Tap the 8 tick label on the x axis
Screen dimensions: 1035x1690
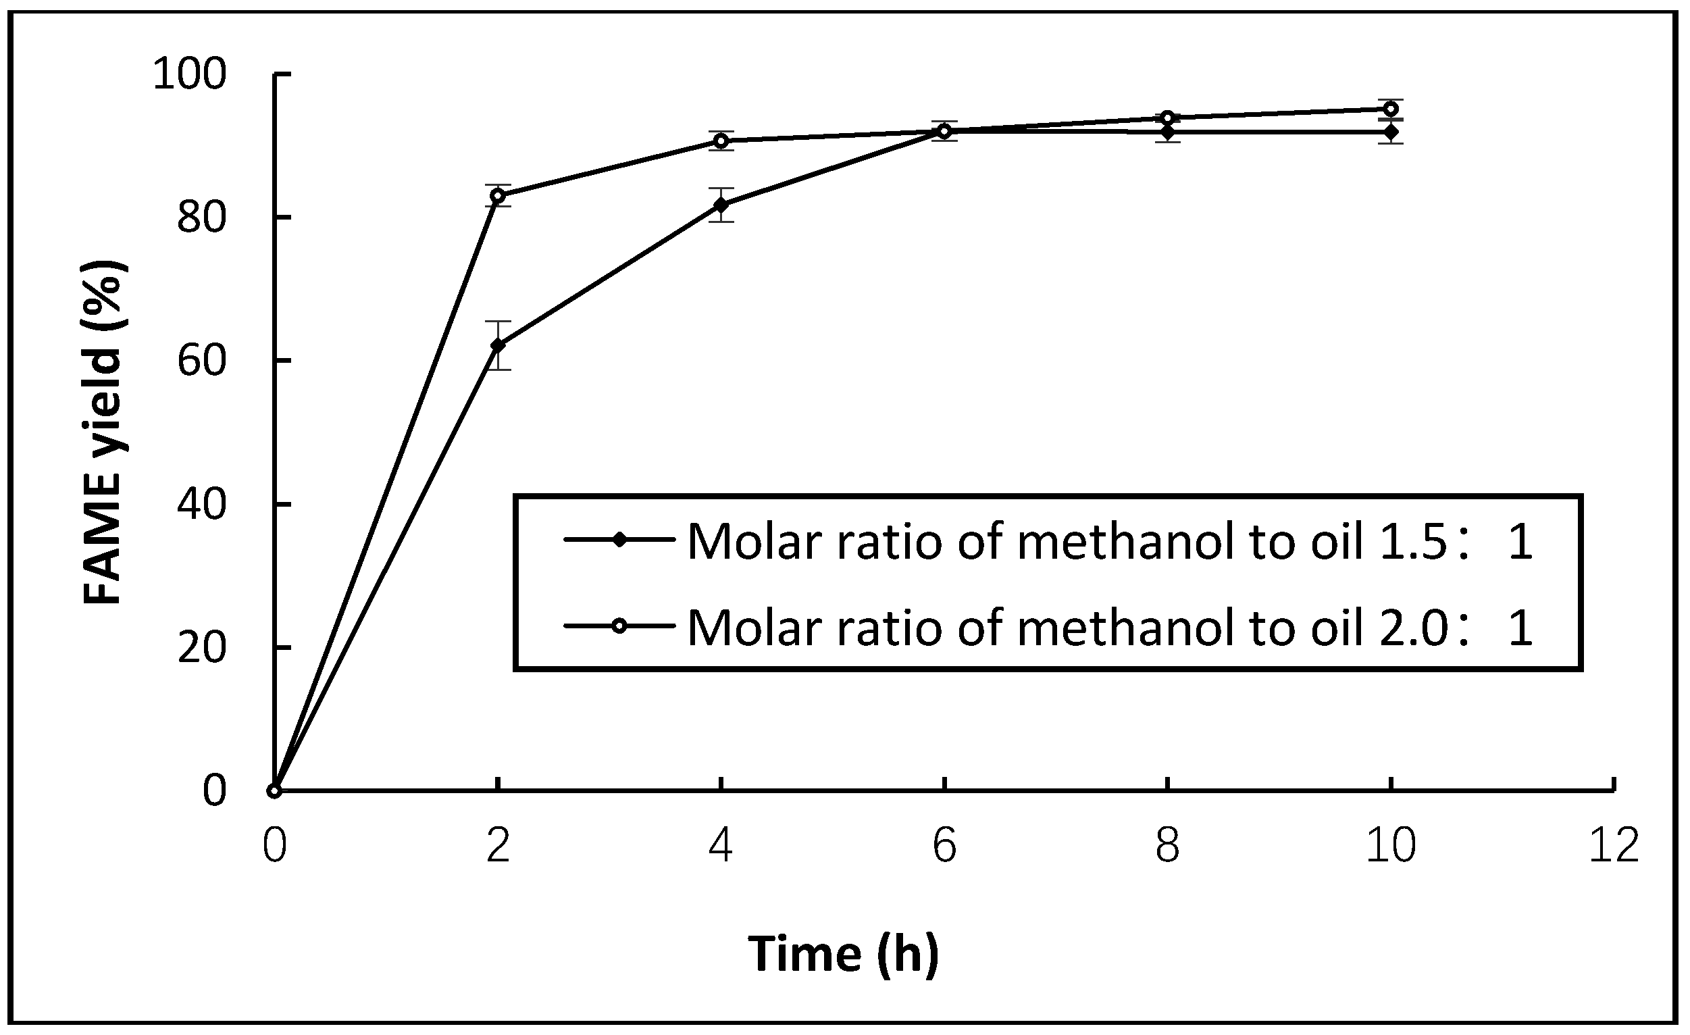[x=1167, y=846]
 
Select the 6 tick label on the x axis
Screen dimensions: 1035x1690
[x=944, y=846]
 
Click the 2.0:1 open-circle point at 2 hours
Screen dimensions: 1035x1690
[x=498, y=196]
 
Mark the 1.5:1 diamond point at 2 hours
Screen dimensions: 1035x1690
[x=498, y=345]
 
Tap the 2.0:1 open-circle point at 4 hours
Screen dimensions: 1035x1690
[x=721, y=141]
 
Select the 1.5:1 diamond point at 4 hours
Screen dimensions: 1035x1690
[x=721, y=205]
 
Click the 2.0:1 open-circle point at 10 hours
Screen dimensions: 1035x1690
[x=1391, y=109]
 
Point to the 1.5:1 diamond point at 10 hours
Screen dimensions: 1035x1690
[x=1391, y=132]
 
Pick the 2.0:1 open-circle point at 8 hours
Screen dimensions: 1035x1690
[x=1167, y=118]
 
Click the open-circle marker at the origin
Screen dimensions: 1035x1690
[x=275, y=792]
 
